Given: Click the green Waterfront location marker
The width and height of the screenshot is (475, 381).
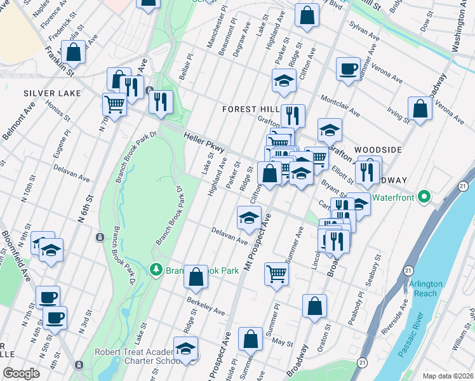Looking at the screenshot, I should [428, 197].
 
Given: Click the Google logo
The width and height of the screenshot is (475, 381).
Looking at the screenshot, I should [21, 373].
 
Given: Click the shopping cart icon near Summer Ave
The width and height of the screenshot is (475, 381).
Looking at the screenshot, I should [276, 274].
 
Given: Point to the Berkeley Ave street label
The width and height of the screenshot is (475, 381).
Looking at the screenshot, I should [206, 307].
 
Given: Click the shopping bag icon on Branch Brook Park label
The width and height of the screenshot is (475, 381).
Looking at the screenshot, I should [196, 276].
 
